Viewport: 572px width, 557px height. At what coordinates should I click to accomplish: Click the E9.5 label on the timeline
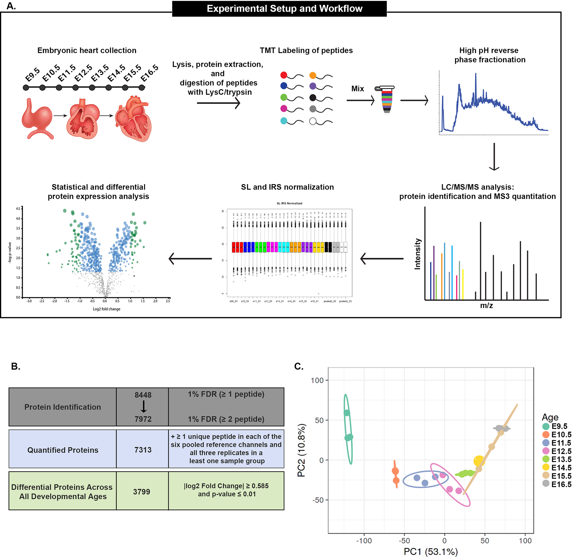tap(32, 75)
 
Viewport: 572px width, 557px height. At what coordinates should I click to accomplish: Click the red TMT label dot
tap(284, 75)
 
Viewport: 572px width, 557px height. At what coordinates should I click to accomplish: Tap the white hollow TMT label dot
tap(313, 121)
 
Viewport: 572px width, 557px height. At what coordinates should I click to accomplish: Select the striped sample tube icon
tap(386, 100)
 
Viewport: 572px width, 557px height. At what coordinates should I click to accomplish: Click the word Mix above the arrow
tap(357, 89)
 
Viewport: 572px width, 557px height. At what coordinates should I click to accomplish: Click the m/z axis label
tap(487, 305)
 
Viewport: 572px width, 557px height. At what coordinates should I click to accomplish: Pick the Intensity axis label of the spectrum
tap(418, 254)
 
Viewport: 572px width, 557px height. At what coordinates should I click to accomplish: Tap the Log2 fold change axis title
tap(106, 309)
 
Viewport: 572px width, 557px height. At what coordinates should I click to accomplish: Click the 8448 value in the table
tap(143, 395)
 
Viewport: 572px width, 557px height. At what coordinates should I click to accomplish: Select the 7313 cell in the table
tap(143, 450)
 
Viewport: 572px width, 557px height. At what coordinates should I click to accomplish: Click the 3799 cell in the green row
tap(141, 492)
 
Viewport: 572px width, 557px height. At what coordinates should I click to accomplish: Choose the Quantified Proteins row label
tap(63, 450)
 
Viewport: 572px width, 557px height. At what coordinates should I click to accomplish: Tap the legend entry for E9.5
tap(556, 426)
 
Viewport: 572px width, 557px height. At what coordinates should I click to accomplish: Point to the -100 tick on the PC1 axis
tap(364, 541)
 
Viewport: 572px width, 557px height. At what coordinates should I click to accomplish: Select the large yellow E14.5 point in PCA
tap(479, 461)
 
